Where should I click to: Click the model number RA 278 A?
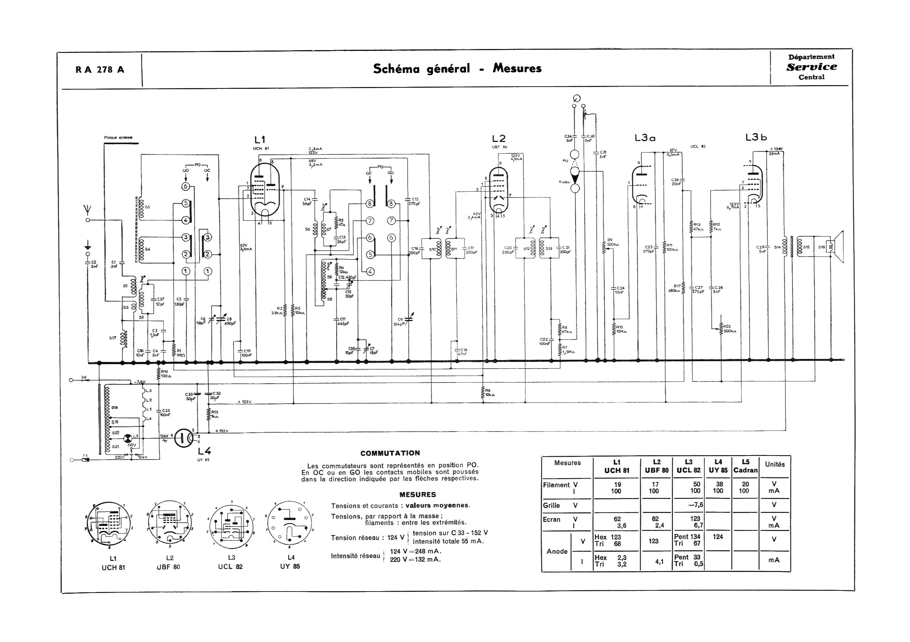pos(100,70)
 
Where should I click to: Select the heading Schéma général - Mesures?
pos(457,69)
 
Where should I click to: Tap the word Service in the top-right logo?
pos(812,67)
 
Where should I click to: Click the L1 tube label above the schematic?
pos(260,140)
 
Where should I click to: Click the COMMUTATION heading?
pos(390,453)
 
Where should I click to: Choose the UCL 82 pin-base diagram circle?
pos(231,526)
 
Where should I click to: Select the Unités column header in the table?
pos(775,464)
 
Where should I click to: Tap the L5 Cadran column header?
pos(746,466)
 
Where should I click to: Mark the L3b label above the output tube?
pos(756,137)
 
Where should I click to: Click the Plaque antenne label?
pos(118,138)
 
